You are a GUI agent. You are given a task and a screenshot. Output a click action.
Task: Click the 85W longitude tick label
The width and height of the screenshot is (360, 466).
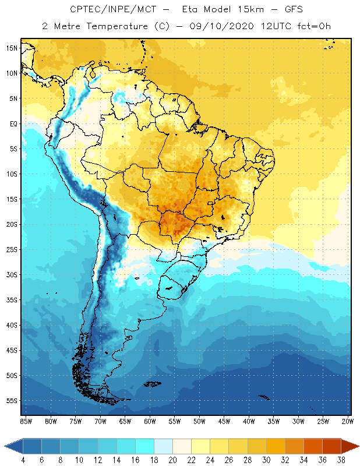(26, 421)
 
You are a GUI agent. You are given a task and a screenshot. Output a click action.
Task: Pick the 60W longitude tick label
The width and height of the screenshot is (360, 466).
(150, 421)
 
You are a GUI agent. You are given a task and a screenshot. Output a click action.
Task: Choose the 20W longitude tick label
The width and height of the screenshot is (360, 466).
(347, 421)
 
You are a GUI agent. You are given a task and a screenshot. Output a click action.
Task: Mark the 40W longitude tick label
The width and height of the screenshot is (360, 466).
(249, 421)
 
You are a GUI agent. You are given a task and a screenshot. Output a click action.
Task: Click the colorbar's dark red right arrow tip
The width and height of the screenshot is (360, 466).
(357, 446)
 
